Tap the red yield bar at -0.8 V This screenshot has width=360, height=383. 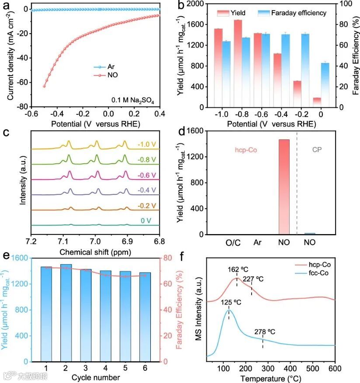click(x=238, y=63)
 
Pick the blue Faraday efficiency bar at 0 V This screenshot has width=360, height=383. click(x=325, y=85)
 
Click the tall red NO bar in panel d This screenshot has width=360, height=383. click(x=284, y=187)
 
